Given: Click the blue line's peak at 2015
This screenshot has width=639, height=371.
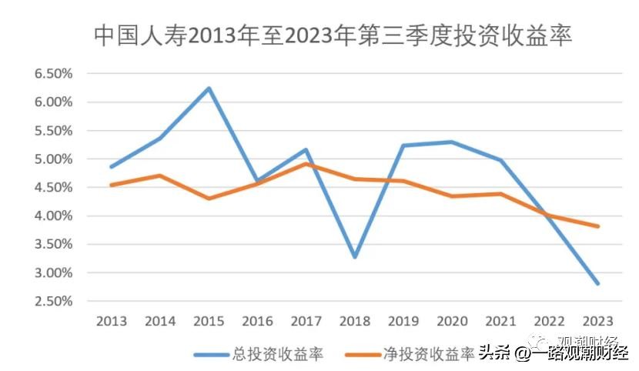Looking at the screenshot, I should [209, 89].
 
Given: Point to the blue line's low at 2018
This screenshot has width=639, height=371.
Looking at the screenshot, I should [355, 256].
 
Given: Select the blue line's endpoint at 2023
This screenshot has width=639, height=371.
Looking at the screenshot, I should [598, 283].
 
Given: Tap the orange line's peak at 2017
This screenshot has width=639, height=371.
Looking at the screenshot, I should [306, 163].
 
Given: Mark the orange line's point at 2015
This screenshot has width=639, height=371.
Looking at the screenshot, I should [209, 199].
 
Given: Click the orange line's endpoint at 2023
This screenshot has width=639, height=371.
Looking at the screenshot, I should [598, 226].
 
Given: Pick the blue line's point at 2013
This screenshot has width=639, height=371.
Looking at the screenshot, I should [112, 166].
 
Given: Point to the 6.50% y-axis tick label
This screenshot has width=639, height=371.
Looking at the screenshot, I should [53, 74].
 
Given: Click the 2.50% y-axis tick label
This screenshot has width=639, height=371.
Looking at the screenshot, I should [53, 301].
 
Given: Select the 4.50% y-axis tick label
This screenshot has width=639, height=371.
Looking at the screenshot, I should [53, 187].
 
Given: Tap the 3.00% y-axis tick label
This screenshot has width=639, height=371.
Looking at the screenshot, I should [53, 272].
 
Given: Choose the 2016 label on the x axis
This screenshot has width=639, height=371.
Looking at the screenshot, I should [257, 321].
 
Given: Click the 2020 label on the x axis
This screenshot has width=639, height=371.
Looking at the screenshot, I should [452, 321].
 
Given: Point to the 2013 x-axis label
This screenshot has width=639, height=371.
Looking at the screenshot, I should [112, 321].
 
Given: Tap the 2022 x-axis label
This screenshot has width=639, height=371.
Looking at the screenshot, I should [550, 321].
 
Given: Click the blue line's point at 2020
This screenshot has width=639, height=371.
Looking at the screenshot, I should [452, 142].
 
